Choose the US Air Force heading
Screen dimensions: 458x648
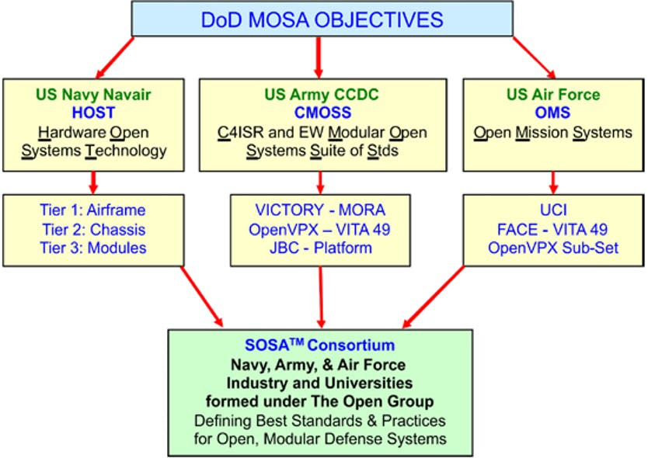pos(552,95)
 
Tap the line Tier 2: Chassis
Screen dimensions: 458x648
pos(93,230)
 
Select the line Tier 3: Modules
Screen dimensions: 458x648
pos(93,248)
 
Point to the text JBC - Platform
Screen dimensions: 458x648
pos(319,248)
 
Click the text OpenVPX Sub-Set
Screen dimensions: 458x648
pos(552,248)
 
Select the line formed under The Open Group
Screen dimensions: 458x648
pos(319,402)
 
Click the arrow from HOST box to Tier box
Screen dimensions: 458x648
pos(94,182)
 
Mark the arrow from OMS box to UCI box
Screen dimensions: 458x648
pos(552,182)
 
